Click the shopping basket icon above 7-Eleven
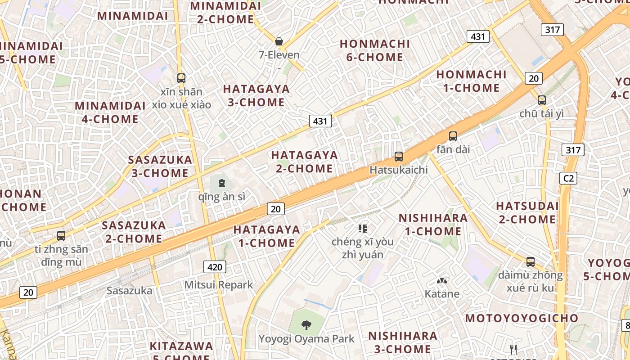point(279,42)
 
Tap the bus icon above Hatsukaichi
point(399,157)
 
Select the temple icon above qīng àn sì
point(221,183)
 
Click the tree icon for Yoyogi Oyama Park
point(306,324)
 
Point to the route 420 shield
point(215,267)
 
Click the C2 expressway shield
point(569,178)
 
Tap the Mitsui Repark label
point(219,285)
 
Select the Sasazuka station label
point(130,291)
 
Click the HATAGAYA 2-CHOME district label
point(304,162)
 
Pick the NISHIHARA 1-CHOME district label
point(433,225)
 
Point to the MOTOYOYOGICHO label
point(522,319)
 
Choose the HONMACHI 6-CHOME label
point(375,50)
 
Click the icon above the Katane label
point(442,281)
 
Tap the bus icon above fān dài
point(453,136)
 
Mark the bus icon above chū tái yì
point(542,100)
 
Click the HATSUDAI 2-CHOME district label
point(527,213)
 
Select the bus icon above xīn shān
point(181,78)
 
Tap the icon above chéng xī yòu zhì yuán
point(363,229)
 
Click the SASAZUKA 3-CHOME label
point(160,166)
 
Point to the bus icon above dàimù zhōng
point(531,261)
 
